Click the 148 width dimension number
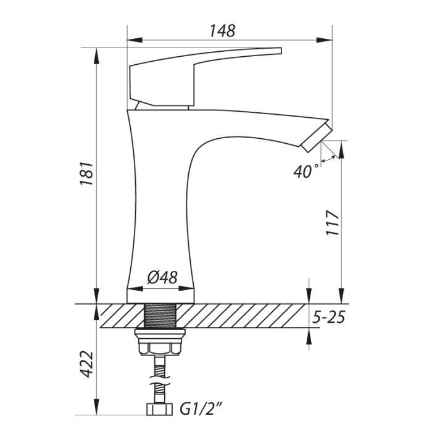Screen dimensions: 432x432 point(223,31)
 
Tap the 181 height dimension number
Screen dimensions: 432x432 point(87,173)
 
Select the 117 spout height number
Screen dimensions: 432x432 point(333,223)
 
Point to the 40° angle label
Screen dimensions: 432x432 point(305,172)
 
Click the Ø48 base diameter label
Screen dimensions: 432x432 point(162,277)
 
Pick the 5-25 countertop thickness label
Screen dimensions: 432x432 point(328,317)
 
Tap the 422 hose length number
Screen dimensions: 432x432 point(87,364)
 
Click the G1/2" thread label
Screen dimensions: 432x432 point(201,409)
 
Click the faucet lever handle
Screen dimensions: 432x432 point(206,77)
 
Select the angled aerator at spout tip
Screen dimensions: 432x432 point(317,137)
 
